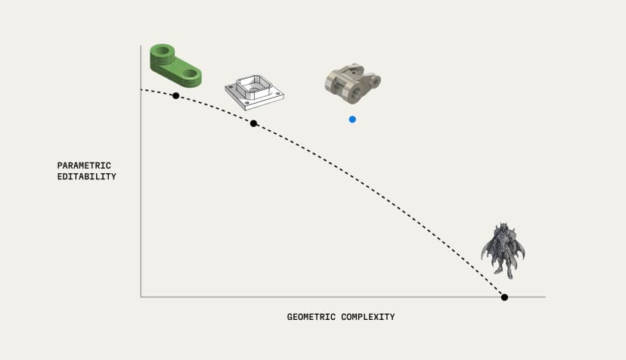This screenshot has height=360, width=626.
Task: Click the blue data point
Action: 352,119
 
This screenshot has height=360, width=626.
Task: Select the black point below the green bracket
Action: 175,95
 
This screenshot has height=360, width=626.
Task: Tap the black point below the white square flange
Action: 253,123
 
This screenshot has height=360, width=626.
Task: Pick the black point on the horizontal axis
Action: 504,297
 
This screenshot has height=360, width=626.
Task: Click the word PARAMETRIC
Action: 84,166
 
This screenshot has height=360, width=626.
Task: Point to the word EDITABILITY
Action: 87,177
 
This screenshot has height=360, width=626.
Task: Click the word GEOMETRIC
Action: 311,317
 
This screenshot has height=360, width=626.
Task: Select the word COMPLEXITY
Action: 368,317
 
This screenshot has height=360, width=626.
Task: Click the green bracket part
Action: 175,65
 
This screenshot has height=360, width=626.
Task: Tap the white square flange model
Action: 254,92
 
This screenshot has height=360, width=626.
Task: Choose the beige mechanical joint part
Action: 352,83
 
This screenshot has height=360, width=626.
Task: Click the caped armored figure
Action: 503,250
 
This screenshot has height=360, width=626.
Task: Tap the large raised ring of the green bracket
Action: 163,51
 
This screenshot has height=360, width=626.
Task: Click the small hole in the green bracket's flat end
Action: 191,73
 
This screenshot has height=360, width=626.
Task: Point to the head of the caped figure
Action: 503,228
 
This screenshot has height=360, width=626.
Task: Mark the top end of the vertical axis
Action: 141,45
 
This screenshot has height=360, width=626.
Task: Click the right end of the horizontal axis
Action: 545,297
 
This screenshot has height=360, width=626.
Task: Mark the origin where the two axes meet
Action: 141,297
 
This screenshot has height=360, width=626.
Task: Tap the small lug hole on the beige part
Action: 375,81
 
